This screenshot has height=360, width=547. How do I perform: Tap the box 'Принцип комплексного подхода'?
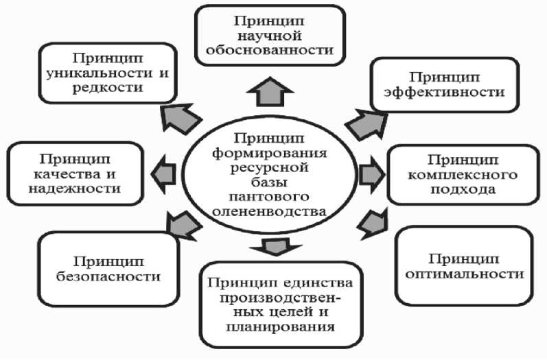pyautogui.click(x=461, y=174)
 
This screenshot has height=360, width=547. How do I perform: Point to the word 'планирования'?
pyautogui.click(x=279, y=326)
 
